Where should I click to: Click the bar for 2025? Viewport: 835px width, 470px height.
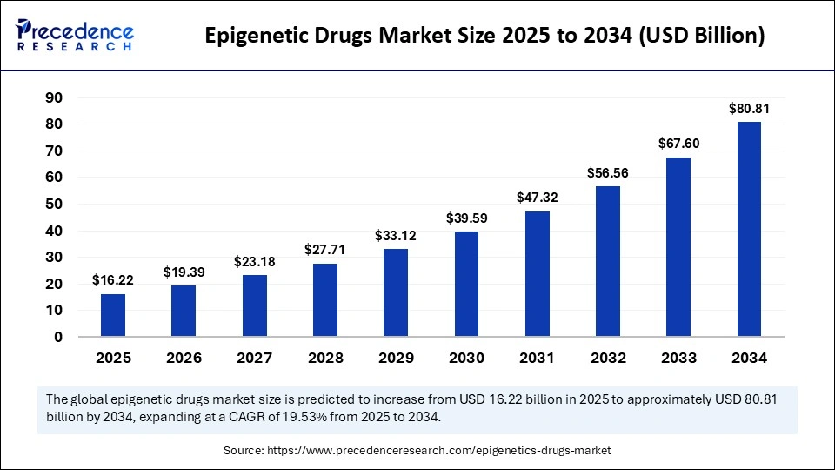pos(112,315)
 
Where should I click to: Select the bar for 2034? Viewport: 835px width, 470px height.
pos(749,229)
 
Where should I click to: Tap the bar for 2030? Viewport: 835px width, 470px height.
pos(466,284)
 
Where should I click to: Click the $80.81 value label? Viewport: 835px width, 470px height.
pos(749,110)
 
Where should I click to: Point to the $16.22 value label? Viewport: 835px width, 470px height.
pos(112,281)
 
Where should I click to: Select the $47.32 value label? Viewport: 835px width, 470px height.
pos(537,198)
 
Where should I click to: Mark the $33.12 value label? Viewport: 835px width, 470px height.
pos(395,236)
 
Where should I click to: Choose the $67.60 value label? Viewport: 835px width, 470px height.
pos(678,144)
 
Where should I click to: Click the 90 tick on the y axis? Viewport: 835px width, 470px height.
pos(54,98)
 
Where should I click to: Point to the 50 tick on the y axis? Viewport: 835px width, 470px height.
pos(54,205)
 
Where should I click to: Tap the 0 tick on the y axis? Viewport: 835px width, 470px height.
pos(58,337)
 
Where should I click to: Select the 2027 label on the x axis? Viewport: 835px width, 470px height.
pos(254,358)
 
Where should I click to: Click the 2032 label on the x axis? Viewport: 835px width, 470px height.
pos(608,358)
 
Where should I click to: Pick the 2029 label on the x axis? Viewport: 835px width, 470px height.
pos(395,358)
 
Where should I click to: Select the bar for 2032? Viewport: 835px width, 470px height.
pos(608,261)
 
